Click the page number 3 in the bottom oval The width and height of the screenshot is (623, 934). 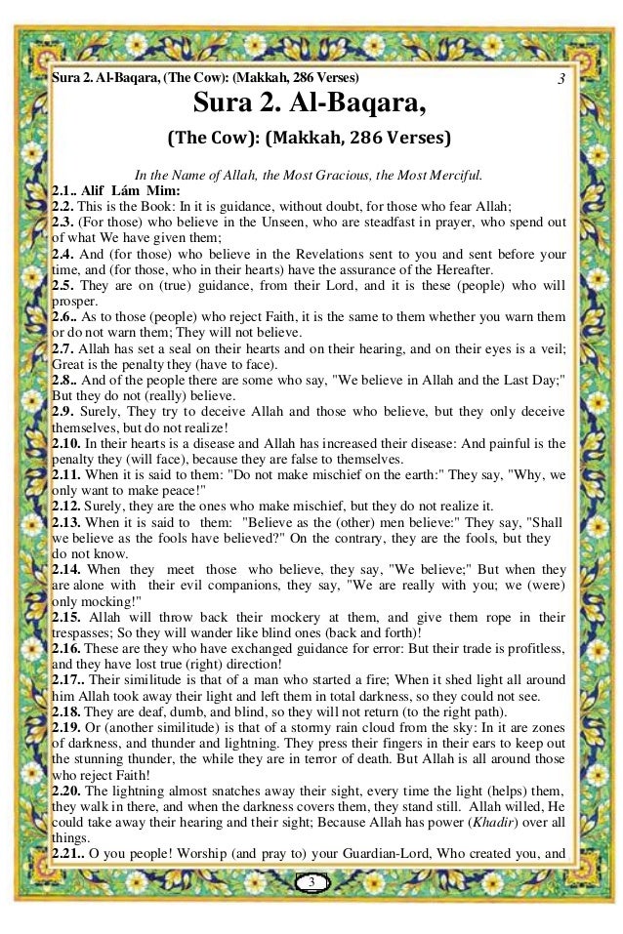(311, 882)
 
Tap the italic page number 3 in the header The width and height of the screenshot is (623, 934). (561, 77)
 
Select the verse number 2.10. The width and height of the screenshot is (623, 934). (67, 442)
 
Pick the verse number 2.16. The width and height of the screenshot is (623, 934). (67, 648)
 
